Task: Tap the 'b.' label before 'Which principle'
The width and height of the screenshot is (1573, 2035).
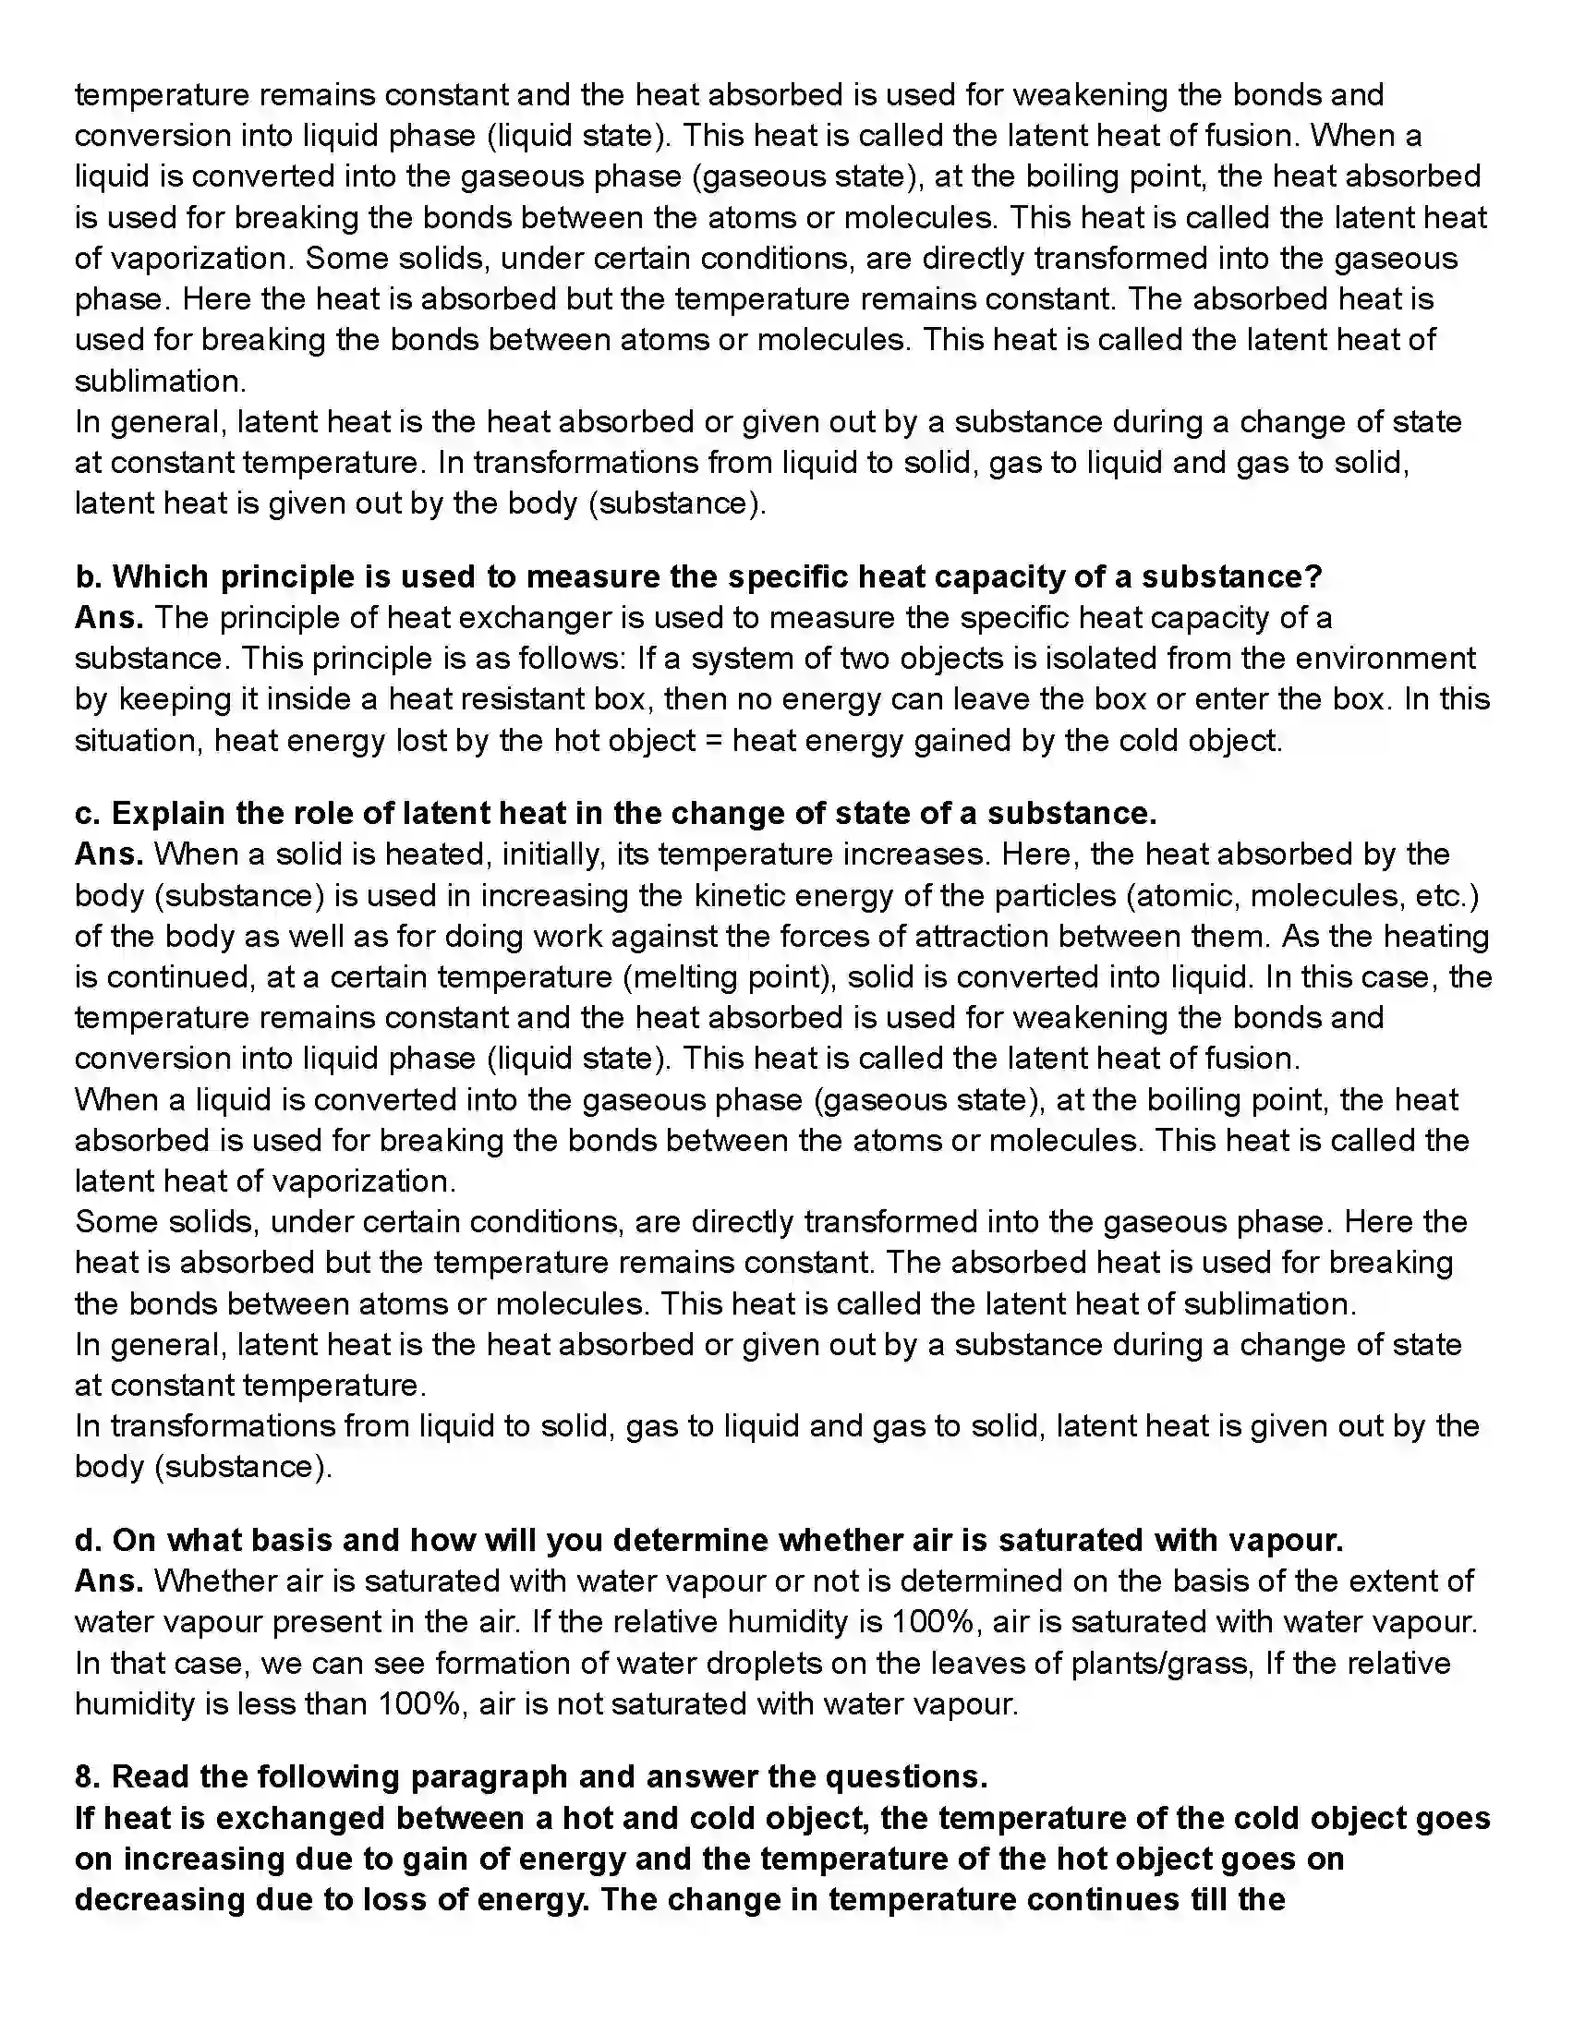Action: (89, 576)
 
